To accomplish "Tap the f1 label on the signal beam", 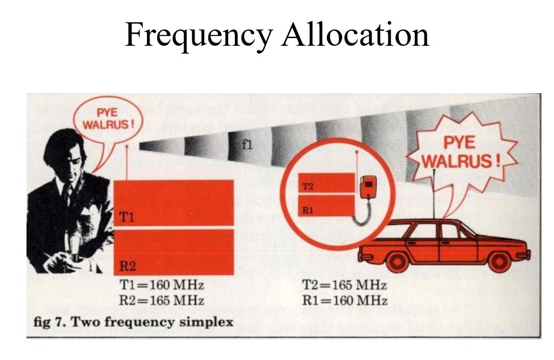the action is (x=247, y=144).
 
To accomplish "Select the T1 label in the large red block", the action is (x=126, y=217).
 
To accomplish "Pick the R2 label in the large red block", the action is (x=127, y=265).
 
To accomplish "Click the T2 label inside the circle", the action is (x=308, y=186).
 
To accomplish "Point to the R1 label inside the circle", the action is (x=308, y=211).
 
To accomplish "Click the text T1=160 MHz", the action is (x=162, y=285).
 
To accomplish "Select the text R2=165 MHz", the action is (x=162, y=300).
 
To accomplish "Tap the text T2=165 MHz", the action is (x=344, y=285).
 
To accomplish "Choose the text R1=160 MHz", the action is (x=345, y=300).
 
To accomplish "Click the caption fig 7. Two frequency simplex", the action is (x=133, y=322).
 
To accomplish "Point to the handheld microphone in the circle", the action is (x=368, y=187).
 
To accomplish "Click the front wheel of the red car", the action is (x=499, y=261).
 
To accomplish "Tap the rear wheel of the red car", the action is (x=397, y=261).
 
